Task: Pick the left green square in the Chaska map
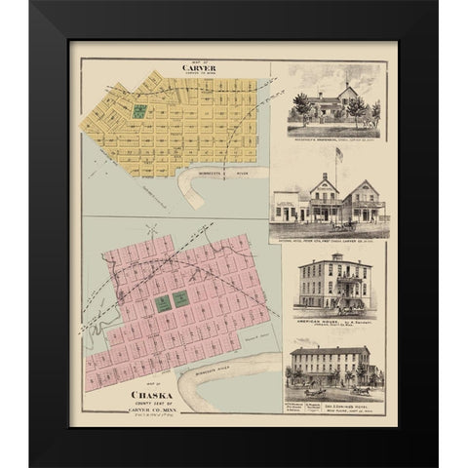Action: pos(163,303)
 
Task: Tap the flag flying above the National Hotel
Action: pos(339,153)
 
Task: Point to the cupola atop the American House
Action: pos(335,257)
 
